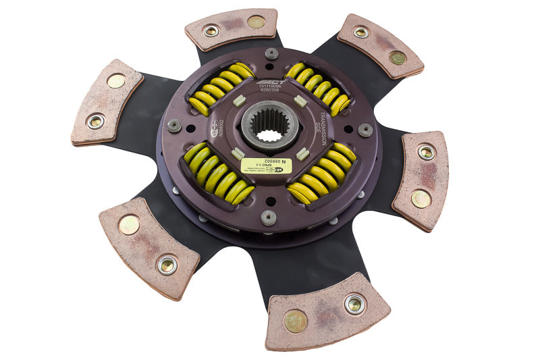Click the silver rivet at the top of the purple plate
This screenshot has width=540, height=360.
pyautogui.click(x=271, y=53)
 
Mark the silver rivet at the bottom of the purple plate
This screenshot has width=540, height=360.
pyautogui.click(x=269, y=217)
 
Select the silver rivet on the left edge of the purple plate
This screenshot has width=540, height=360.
pyautogui.click(x=173, y=126)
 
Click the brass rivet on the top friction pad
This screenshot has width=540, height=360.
pyautogui.click(x=256, y=22)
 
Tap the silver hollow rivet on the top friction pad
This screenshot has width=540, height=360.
pyautogui.click(x=211, y=30)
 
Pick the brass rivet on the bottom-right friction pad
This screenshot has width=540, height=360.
pyautogui.click(x=295, y=322)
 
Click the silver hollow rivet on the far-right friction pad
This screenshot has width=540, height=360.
pyautogui.click(x=426, y=152)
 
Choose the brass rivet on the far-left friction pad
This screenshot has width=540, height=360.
pyautogui.click(x=116, y=81)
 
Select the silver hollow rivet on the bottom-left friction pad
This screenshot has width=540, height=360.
pyautogui.click(x=167, y=265)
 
